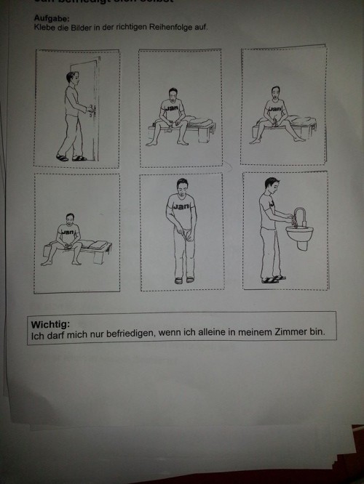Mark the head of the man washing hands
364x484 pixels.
(x=271, y=185)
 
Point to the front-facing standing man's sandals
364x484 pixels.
(x=182, y=279)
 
